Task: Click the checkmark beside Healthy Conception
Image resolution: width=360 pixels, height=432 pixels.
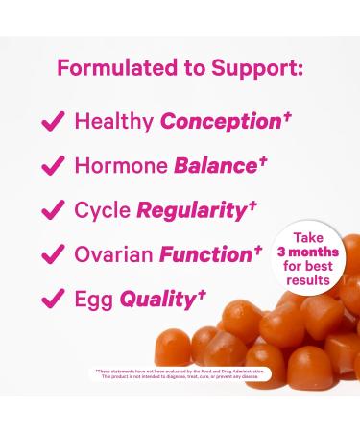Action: [x=54, y=122]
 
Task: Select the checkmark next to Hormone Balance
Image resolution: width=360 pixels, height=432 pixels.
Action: [x=54, y=166]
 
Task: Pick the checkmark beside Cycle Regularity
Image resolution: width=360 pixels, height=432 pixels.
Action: [x=54, y=210]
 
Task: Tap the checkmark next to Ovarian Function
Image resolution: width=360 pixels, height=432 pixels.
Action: [x=54, y=254]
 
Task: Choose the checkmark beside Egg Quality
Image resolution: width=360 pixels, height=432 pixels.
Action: [x=54, y=300]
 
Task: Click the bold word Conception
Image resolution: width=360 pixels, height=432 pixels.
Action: [x=220, y=122]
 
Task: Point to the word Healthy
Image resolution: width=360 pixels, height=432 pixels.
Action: [x=114, y=122]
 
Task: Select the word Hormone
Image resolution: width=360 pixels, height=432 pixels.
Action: [x=121, y=166]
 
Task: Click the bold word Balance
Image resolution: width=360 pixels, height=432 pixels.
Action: [x=215, y=166]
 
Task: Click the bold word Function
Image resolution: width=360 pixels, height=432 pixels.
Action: [x=205, y=255]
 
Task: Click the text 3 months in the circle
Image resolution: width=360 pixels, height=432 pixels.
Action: [x=307, y=252]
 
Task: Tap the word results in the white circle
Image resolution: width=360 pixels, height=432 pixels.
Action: [x=307, y=280]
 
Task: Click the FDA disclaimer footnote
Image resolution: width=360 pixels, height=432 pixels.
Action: [x=180, y=373]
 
